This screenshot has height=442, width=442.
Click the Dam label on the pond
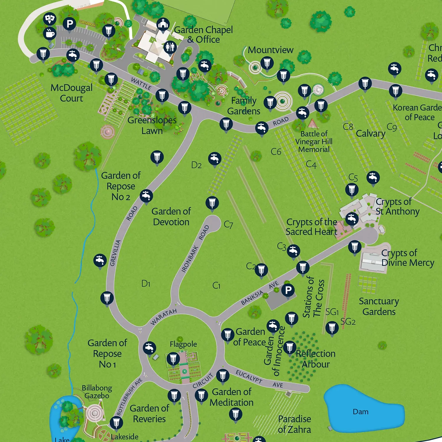[361, 412]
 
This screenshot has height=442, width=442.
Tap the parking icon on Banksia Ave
[288, 290]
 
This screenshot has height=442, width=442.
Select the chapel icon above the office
[163, 24]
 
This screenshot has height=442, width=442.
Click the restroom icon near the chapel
[170, 47]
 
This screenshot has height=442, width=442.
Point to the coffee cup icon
[50, 33]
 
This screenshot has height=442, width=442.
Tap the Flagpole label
[183, 344]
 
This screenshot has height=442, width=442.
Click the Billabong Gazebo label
[97, 392]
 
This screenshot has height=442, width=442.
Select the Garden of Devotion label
[171, 216]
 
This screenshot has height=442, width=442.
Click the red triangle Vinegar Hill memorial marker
[313, 123]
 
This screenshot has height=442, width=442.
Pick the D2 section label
[196, 165]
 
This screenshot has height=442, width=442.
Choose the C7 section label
[228, 225]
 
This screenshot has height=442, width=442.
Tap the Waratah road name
[164, 317]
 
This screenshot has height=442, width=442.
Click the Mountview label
[271, 50]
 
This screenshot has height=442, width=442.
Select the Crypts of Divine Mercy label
[408, 258]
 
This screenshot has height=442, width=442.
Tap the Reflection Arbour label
[316, 359]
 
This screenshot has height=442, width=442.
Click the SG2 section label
[348, 321]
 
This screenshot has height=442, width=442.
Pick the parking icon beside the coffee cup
[70, 24]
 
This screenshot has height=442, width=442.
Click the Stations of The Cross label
[314, 298]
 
